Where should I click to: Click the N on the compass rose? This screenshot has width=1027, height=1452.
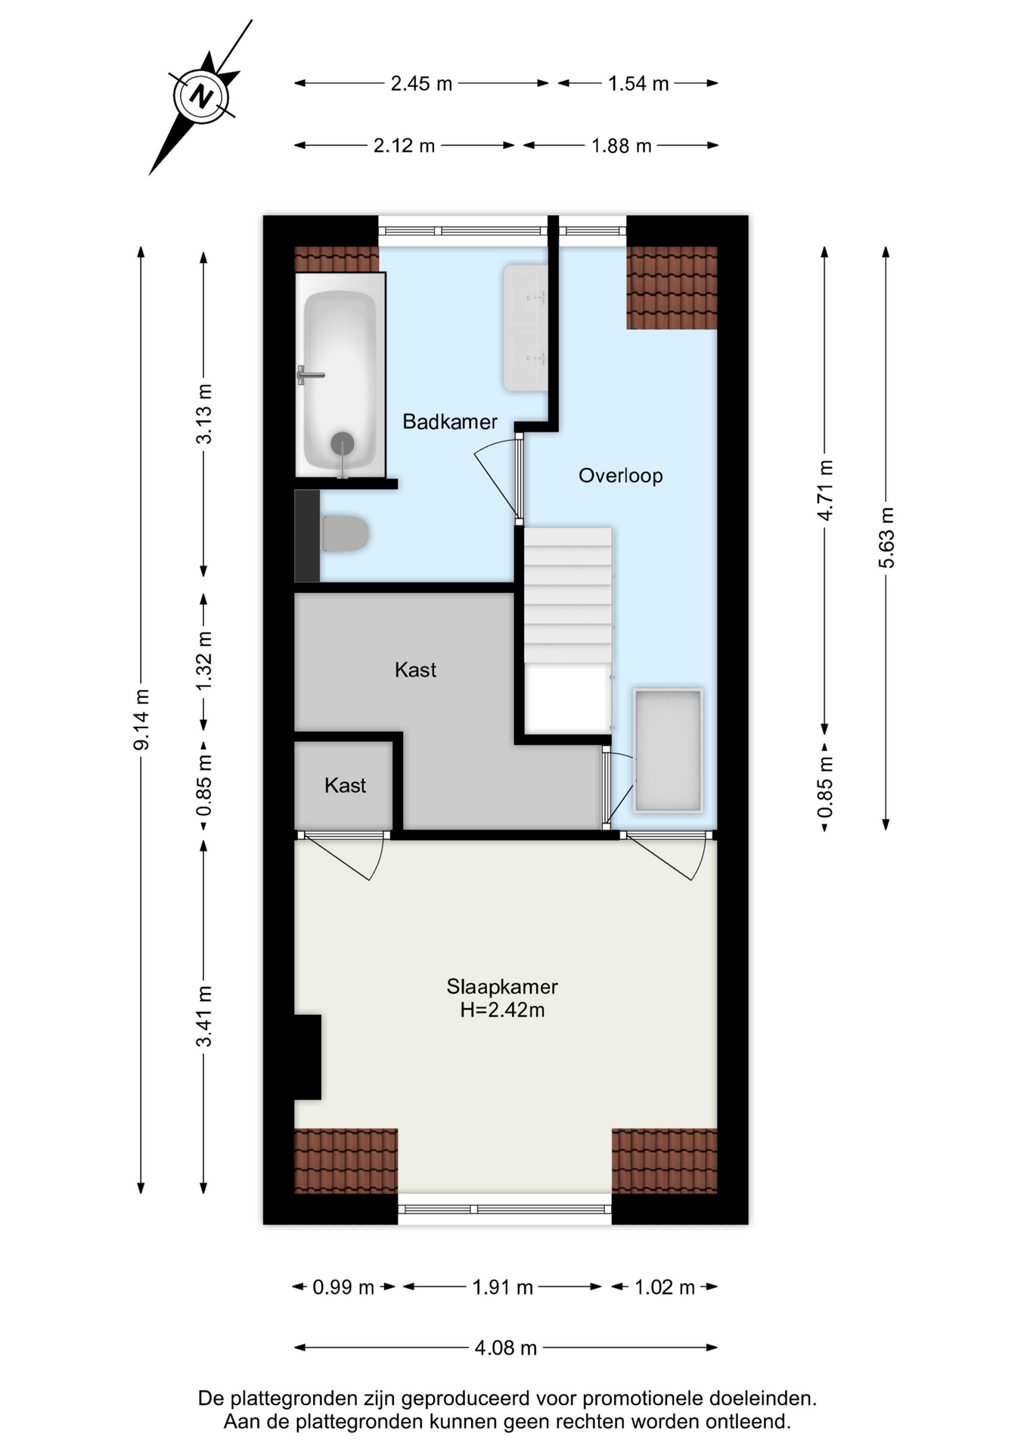tap(201, 97)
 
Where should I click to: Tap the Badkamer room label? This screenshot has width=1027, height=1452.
tap(450, 421)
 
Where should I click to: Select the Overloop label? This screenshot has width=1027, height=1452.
tap(620, 475)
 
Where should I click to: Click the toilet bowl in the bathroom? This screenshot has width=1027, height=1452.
tap(345, 533)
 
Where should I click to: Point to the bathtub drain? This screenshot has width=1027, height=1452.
tap(343, 443)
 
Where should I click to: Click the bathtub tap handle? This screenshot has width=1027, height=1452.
tap(309, 375)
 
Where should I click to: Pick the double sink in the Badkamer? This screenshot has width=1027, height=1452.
tap(525, 327)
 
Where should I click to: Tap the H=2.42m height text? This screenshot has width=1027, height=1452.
tap(502, 1010)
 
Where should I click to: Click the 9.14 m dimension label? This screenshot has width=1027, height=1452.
tap(141, 720)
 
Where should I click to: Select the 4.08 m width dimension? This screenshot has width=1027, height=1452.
tap(506, 1347)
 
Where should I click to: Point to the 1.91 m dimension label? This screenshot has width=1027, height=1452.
tap(503, 1286)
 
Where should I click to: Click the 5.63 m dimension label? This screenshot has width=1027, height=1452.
tap(886, 538)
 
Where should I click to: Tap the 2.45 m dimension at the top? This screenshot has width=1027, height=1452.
tap(421, 83)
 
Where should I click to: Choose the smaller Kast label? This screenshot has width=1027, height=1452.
tap(345, 785)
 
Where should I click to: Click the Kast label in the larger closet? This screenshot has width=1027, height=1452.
tap(415, 669)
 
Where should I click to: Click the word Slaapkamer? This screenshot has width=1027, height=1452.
tap(502, 986)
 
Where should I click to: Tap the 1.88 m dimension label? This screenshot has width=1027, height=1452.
tap(622, 145)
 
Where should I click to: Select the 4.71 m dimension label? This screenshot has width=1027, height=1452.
tap(825, 490)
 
